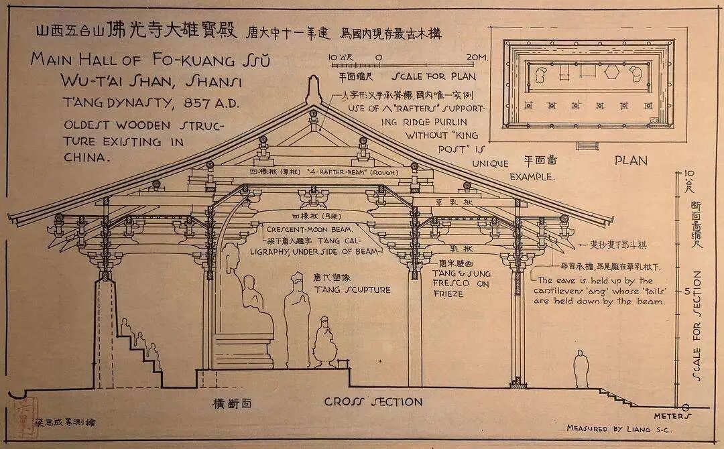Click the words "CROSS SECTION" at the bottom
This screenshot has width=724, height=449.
click(x=373, y=402)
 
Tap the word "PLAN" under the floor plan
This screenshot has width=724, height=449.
click(x=631, y=160)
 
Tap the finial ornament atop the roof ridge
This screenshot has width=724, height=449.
click(x=314, y=90)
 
